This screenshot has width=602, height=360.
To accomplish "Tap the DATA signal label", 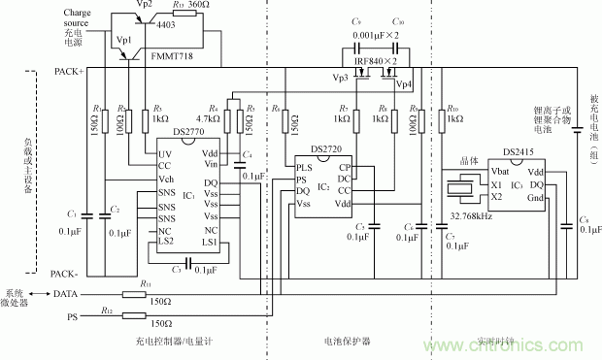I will [x=65, y=293].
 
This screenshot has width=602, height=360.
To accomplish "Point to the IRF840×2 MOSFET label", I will [x=379, y=61].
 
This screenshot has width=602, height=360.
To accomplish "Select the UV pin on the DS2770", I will [x=165, y=154].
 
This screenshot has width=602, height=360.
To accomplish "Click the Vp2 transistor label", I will [x=143, y=7].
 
